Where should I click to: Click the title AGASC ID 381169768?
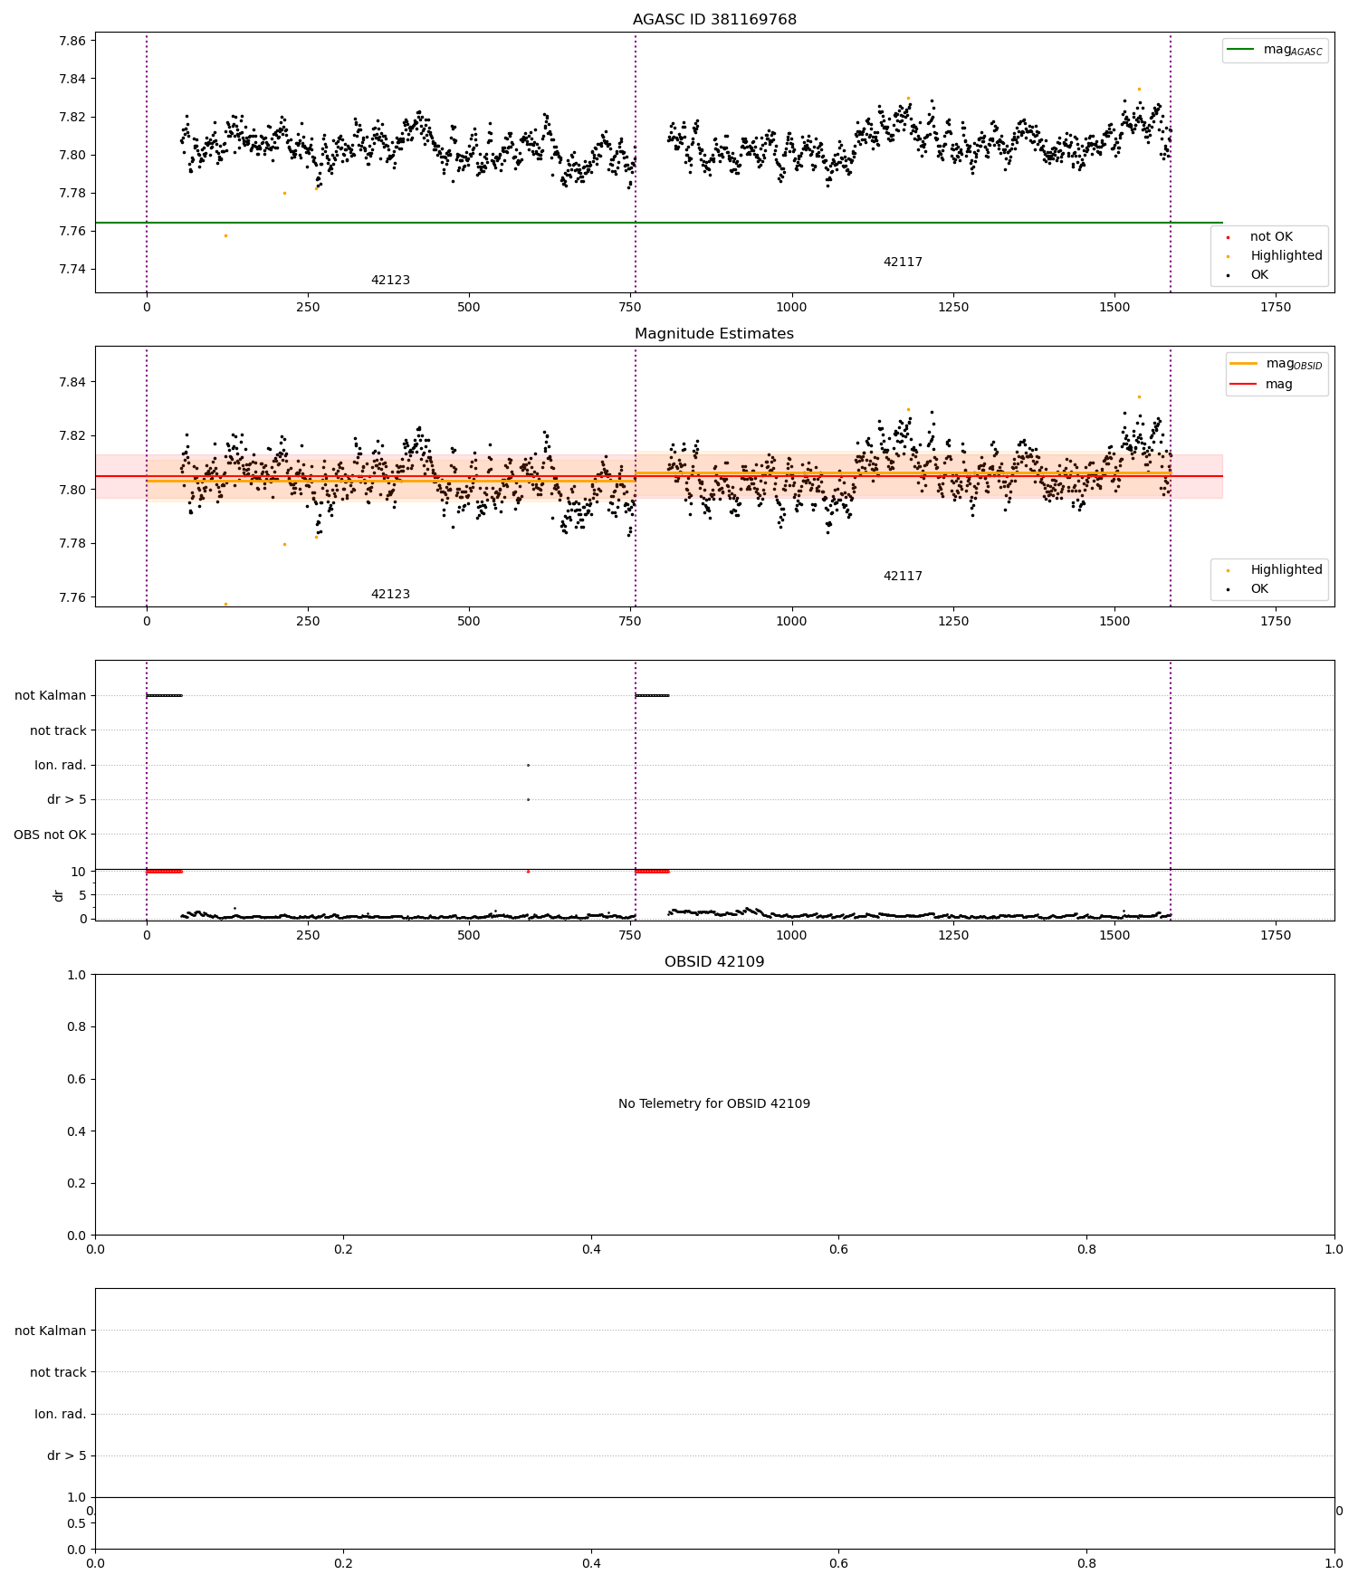(x=714, y=20)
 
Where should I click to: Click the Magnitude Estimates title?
(x=714, y=334)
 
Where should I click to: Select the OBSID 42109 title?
(x=714, y=962)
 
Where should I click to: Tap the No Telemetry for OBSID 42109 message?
(x=714, y=1104)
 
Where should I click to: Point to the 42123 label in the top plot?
(x=390, y=281)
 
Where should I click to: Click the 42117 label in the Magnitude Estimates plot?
(x=903, y=577)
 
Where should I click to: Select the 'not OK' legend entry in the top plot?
(x=1271, y=237)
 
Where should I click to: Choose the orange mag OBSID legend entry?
(x=1280, y=364)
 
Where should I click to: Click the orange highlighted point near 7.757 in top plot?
(x=225, y=236)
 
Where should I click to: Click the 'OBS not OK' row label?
(x=50, y=835)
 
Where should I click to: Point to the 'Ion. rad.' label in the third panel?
(x=61, y=766)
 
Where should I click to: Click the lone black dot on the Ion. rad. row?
(x=528, y=766)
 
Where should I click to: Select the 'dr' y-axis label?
(x=59, y=895)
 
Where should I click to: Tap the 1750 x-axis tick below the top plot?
(x=1276, y=307)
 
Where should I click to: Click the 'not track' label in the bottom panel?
(x=58, y=1372)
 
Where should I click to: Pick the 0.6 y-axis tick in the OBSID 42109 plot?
(x=77, y=1079)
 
